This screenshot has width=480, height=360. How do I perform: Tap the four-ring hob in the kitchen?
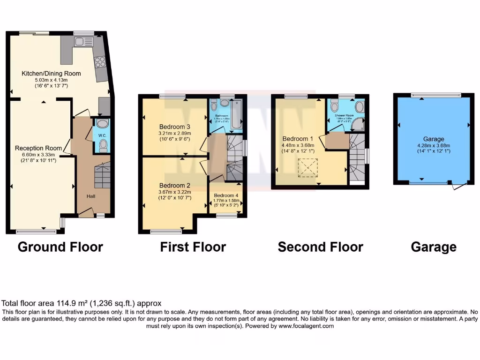point(100,62)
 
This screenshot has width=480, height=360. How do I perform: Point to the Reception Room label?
point(35,148)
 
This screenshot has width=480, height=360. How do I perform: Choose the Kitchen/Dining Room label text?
point(51,74)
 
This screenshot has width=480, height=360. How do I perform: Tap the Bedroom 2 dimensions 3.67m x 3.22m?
point(175,192)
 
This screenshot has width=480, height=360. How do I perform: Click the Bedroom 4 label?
point(226,195)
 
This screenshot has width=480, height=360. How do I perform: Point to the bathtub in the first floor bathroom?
point(236,115)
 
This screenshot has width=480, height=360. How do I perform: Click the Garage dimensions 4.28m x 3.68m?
point(433,145)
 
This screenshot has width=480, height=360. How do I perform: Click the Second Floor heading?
point(320,247)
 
